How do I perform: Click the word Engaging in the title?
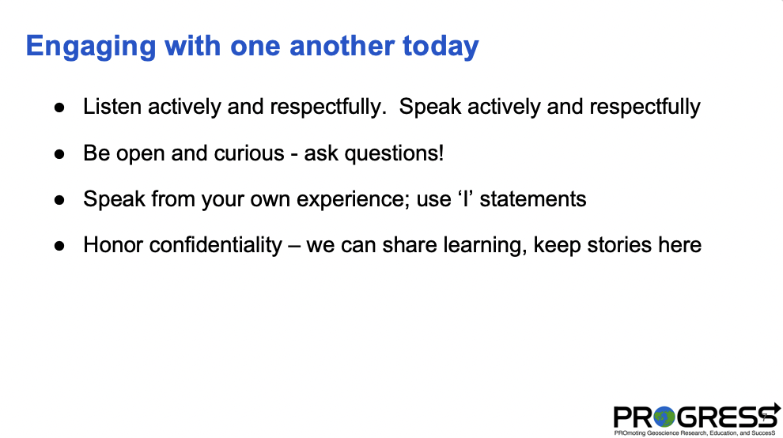(91, 47)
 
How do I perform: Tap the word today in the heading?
(441, 47)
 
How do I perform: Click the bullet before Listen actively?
(59, 108)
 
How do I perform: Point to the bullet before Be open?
(59, 154)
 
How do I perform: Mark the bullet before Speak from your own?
(59, 200)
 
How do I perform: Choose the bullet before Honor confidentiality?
(59, 246)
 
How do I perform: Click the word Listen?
(112, 107)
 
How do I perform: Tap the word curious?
(249, 153)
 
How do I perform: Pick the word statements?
(533, 198)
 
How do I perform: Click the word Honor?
(112, 245)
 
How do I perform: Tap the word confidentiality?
(216, 246)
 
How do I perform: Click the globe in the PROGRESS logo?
(664, 417)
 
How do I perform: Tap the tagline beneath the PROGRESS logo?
(694, 433)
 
